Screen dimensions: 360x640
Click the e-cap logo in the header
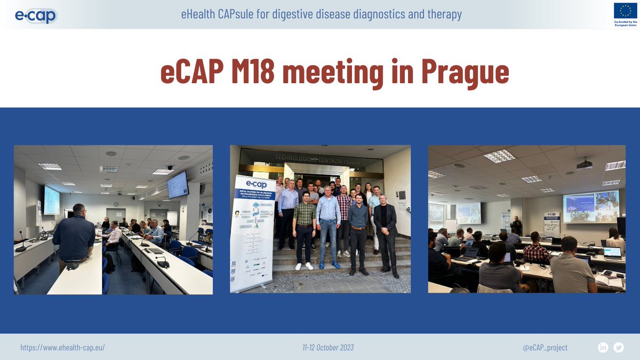[x=35, y=14]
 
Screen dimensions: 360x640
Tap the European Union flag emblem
[x=625, y=10]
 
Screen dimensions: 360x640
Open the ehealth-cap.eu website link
[x=62, y=347]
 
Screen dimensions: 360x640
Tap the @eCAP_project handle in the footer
[x=545, y=347]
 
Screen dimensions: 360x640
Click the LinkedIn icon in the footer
[x=603, y=347]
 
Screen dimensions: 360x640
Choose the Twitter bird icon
[x=619, y=347]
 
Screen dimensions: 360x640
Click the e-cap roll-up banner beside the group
[x=252, y=233]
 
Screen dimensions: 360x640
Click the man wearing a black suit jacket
[x=385, y=233]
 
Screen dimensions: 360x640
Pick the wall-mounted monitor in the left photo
[x=177, y=185]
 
